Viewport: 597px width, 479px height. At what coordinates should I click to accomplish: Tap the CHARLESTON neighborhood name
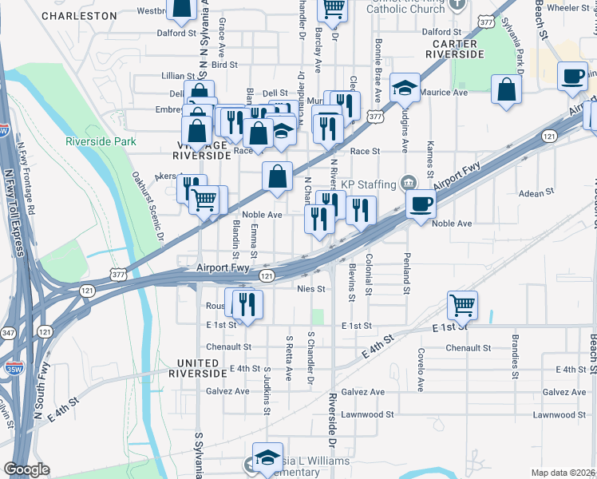(x=78, y=15)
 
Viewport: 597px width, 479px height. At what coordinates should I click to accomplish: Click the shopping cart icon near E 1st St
(x=462, y=304)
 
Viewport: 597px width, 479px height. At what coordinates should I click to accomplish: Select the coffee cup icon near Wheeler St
(x=571, y=76)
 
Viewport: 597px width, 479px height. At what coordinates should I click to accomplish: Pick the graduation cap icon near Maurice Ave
(x=405, y=89)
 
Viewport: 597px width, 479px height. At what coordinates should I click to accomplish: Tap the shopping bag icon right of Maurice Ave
(x=506, y=89)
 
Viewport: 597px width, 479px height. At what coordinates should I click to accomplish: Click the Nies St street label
(x=310, y=288)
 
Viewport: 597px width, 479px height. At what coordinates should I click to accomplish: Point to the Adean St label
(x=536, y=193)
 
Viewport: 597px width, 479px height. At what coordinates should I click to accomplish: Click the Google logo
(x=26, y=469)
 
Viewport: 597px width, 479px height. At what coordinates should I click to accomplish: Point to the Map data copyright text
(x=563, y=473)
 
